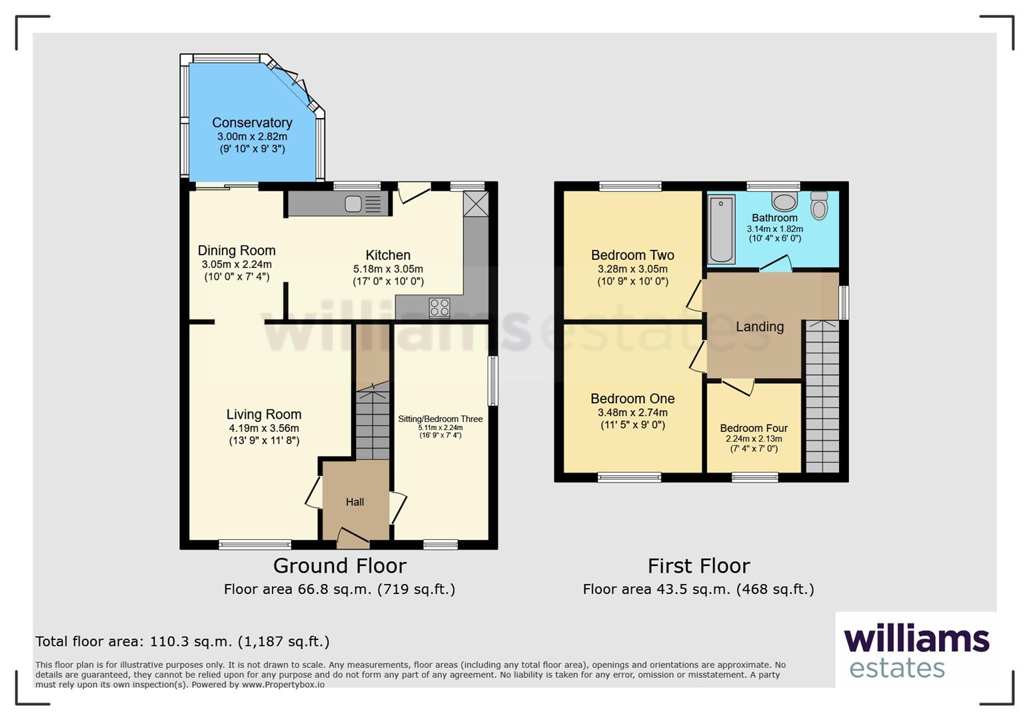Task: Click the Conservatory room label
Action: point(252,123)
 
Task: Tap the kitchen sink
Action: point(363,204)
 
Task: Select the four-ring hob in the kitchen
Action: point(439,308)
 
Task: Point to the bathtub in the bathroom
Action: point(721,229)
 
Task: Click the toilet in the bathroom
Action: point(819,205)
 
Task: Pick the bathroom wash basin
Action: point(784,201)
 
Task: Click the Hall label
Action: point(355,502)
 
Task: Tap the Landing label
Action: point(760,327)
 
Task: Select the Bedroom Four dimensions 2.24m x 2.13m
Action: point(754,439)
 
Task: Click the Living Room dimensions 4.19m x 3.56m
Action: point(264,428)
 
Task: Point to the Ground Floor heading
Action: point(340,566)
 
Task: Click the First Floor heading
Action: point(698,566)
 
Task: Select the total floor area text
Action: point(183,641)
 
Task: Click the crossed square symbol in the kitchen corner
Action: point(476,204)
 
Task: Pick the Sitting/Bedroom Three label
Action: point(440,419)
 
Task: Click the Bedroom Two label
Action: point(632,255)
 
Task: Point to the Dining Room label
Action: point(237,251)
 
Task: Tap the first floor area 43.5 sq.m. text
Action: point(698,589)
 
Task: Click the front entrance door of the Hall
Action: point(353,539)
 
